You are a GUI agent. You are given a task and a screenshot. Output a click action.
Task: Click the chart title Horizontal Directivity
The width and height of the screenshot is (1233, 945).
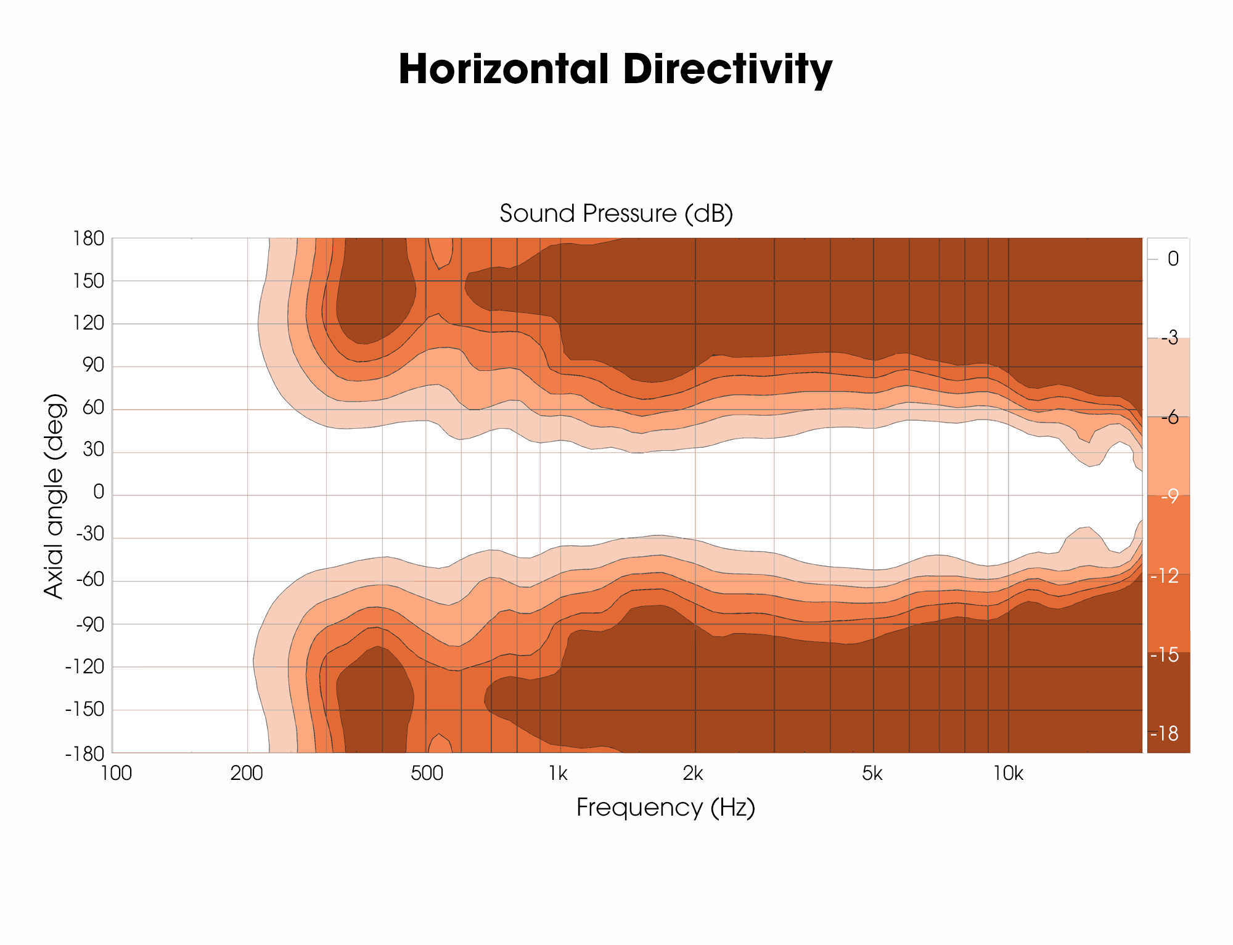615,69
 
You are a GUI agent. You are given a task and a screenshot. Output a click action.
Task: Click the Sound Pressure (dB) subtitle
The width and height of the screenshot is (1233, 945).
616,213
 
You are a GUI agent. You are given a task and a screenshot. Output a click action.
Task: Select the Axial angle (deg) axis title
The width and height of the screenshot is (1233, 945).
54,495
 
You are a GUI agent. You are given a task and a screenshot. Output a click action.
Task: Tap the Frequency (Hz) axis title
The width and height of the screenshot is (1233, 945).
665,807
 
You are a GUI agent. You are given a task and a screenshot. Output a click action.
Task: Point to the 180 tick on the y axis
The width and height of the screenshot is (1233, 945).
89,238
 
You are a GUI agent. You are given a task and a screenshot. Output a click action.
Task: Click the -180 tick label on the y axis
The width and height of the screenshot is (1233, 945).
84,753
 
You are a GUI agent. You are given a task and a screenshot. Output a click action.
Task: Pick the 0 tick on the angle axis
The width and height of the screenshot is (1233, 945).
98,492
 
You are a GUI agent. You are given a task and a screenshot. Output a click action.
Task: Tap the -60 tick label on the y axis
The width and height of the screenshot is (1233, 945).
90,580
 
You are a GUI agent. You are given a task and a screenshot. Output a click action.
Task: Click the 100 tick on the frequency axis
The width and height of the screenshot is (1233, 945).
116,773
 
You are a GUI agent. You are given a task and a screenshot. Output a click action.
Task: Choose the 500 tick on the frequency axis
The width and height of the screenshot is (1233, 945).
427,773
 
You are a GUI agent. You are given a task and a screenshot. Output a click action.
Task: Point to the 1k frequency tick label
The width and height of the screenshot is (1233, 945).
558,773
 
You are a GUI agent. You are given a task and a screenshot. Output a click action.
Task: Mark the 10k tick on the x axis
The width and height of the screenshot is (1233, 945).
1008,773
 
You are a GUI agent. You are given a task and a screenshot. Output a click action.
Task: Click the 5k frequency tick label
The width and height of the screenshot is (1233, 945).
872,773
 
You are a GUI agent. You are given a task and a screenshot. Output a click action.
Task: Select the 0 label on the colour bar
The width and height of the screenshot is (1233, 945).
1173,259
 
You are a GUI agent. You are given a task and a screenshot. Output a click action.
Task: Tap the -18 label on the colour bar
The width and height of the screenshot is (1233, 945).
1164,733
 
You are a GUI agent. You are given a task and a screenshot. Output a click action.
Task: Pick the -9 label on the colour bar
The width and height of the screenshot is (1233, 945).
1169,497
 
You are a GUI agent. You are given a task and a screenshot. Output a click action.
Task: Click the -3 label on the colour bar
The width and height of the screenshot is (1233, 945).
1169,338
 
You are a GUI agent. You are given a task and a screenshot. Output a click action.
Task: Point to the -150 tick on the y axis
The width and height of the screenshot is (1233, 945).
84,710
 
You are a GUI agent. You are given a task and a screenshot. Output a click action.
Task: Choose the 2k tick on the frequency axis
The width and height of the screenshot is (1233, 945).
693,773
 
